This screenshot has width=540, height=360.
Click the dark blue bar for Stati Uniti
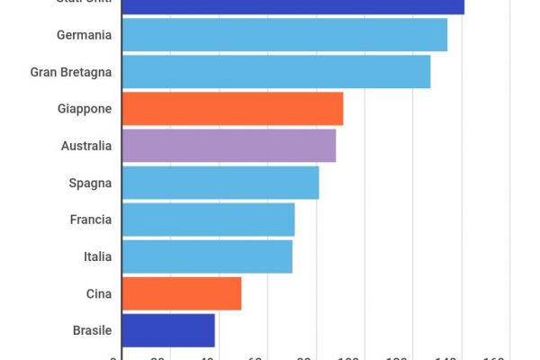(292, 6)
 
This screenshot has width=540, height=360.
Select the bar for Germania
(284, 35)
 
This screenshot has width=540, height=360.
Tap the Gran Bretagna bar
(275, 72)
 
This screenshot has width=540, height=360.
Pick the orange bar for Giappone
(232, 109)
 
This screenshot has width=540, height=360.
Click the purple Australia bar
(229, 146)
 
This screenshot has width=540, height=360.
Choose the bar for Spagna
(220, 183)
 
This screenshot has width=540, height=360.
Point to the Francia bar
(208, 220)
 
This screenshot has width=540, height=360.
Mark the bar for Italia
(207, 256)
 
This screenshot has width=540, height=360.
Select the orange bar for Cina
(182, 293)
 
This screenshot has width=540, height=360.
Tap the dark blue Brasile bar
(168, 330)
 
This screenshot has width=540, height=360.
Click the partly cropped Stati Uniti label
(84, 3)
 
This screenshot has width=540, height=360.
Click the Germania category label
(84, 35)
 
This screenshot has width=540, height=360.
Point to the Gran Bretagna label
(71, 72)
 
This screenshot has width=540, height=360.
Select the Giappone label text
(85, 109)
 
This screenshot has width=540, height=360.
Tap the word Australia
(86, 146)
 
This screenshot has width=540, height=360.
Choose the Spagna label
(90, 183)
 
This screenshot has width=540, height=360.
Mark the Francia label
(91, 220)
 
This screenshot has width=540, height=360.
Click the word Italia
(97, 256)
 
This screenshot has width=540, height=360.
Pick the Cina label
(99, 293)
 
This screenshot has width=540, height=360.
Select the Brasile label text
(93, 330)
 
